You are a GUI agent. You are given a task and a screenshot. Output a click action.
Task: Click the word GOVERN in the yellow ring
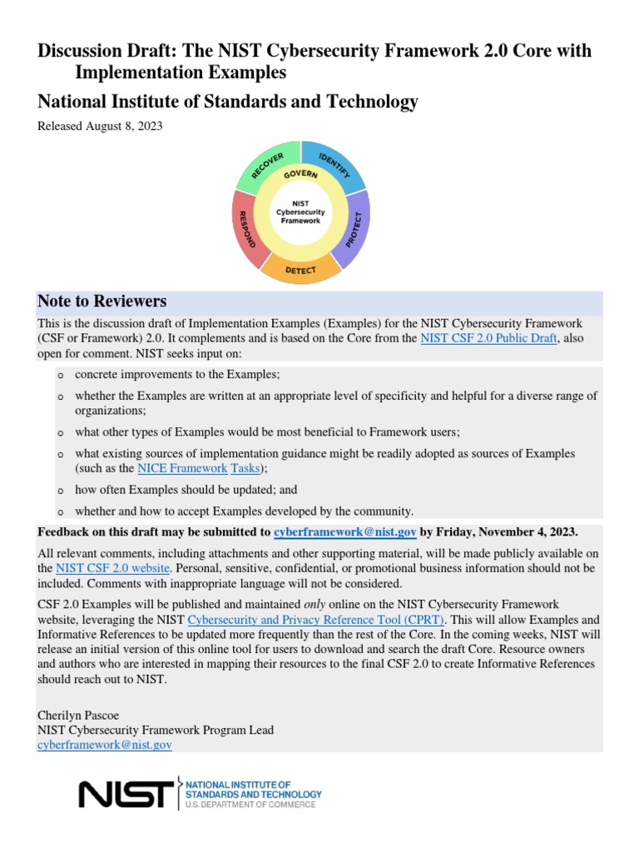(x=300, y=175)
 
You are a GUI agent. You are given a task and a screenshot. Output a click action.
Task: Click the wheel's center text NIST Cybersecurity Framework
(x=300, y=212)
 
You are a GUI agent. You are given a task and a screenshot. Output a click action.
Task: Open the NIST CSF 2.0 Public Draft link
(x=488, y=338)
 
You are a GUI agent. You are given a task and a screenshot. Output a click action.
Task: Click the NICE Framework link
(x=181, y=469)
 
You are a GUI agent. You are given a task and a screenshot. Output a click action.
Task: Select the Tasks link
(x=245, y=469)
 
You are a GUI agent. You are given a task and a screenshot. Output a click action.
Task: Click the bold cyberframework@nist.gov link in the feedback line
(x=345, y=531)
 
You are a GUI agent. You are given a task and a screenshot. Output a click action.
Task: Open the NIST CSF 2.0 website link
(x=113, y=568)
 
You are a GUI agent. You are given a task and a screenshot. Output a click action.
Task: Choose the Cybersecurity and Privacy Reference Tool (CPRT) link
(x=316, y=620)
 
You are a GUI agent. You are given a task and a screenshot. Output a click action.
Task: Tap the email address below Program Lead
(x=105, y=745)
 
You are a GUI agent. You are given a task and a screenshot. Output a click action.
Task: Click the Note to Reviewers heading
(x=102, y=302)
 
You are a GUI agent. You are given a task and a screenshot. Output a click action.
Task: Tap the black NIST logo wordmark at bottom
(x=126, y=794)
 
